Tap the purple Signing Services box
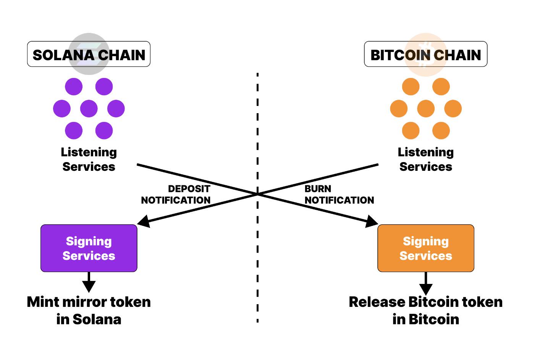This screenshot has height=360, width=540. coord(89,248)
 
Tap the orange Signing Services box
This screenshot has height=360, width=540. coord(425,248)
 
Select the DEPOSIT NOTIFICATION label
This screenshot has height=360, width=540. coord(176,195)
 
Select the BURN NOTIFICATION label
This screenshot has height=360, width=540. coord(339,195)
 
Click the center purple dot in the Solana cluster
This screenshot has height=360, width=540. coord(89,109)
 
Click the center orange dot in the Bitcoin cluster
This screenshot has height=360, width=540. coord(425,109)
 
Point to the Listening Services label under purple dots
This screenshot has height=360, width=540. coord(89,159)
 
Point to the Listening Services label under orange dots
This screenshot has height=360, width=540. coord(425,159)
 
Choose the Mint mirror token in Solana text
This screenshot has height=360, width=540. coord(89,310)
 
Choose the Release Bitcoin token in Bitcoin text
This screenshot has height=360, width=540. coord(425,310)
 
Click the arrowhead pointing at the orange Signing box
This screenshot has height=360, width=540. coord(372,222)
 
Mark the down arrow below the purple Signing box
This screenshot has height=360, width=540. coord(89,285)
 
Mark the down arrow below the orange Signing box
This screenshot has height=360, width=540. coord(426,287)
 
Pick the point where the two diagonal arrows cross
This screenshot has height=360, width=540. coord(258,194)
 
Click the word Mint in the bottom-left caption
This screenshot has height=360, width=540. coord(43,302)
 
